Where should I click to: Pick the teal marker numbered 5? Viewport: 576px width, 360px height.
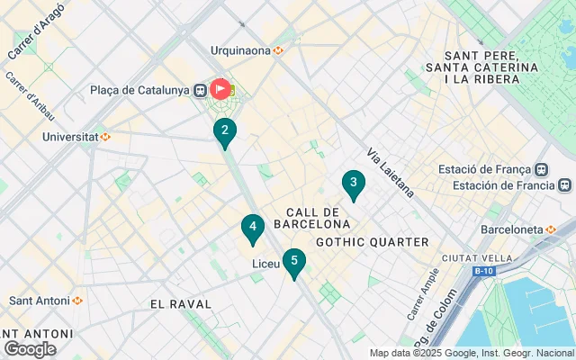(x=293, y=262)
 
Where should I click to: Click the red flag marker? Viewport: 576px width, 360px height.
(x=220, y=90)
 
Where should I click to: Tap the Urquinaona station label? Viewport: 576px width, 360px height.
(x=240, y=50)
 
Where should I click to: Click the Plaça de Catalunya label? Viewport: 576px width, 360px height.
(x=139, y=90)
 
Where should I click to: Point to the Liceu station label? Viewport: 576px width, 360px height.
(x=265, y=264)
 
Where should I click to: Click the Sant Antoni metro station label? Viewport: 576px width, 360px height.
(x=40, y=300)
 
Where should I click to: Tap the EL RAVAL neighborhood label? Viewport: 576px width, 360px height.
(x=181, y=304)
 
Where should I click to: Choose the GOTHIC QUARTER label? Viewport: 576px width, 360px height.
(x=373, y=242)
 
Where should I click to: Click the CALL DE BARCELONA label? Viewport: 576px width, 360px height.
(x=311, y=217)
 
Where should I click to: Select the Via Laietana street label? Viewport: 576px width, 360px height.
(x=390, y=173)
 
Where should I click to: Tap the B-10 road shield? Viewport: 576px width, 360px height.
(x=484, y=270)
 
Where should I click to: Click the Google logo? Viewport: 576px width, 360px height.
(x=30, y=348)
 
